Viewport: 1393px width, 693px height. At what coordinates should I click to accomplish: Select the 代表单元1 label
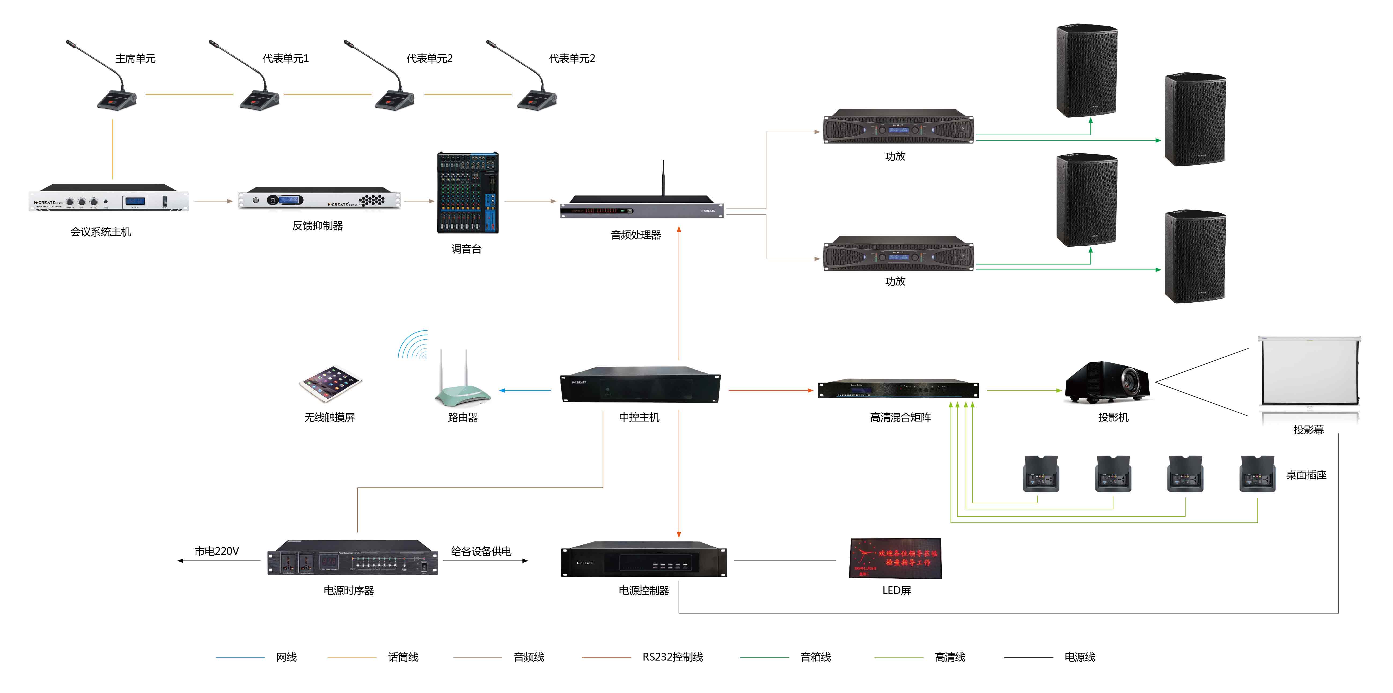point(285,58)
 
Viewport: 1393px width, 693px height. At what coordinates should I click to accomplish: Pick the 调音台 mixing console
point(468,193)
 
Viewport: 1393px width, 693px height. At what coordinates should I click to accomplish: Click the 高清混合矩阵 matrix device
point(898,389)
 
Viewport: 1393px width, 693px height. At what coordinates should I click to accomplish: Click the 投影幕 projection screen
point(1309,373)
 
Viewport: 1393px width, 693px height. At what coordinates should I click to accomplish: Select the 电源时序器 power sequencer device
point(353,558)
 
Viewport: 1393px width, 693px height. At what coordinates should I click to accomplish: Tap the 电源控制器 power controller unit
point(643,559)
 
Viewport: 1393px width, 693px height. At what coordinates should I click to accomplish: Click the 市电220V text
point(216,551)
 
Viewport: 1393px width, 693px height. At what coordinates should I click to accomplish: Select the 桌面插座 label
point(1306,475)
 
